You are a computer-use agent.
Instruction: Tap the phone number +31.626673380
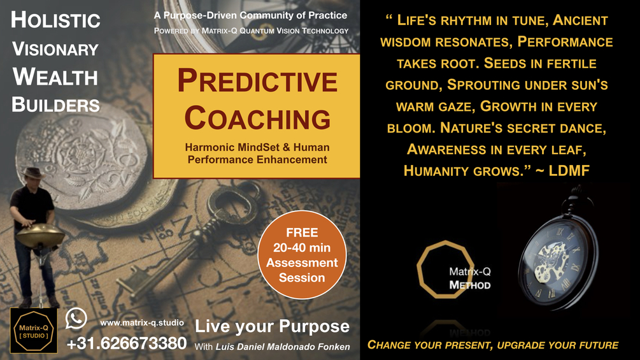127,343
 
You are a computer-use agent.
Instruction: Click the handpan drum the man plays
40,236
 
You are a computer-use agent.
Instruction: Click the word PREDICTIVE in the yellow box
257,83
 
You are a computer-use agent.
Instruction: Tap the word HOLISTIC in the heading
55,20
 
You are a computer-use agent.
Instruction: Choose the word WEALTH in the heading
55,77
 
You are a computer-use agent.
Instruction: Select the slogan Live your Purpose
272,327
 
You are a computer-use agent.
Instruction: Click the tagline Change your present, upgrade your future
493,345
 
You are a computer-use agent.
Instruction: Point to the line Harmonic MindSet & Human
257,148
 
